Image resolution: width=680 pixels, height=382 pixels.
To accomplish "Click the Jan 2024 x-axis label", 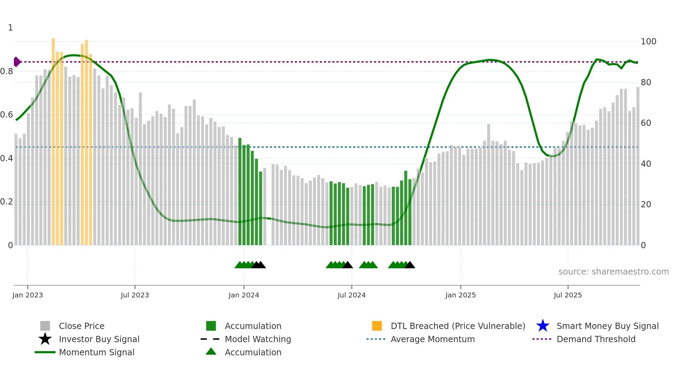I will point(244,295).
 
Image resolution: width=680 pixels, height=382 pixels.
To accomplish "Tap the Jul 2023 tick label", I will point(135,295).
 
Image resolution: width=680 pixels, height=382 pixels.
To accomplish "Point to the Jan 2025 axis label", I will point(460,295).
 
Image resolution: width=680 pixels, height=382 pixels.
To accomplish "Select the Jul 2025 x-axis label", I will point(568,295).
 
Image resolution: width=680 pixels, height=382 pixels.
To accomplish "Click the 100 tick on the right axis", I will point(648,42).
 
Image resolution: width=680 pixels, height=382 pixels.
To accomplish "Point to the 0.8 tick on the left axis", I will point(7,71).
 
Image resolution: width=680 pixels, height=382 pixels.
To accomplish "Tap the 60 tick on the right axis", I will point(646,123).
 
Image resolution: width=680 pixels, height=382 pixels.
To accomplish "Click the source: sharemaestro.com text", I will point(613,272).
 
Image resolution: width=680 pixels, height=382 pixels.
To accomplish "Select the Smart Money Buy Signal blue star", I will point(543,326).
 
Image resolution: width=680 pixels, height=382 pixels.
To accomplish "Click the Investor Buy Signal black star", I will point(45,339).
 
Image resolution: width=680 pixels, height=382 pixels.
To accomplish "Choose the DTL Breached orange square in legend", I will point(377,326).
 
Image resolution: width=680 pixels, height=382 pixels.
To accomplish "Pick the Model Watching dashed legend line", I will point(210,339).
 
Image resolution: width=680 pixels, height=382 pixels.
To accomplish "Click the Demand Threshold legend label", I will point(596,339).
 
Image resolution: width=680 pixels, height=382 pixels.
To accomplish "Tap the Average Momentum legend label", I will point(433,339).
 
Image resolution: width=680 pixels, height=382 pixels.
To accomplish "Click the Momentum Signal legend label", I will point(96,352).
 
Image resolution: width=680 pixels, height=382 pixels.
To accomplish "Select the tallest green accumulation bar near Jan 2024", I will point(240,191).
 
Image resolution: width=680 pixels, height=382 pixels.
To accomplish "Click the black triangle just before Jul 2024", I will point(348,265).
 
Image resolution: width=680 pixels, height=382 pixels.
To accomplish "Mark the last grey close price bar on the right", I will point(638,166).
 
